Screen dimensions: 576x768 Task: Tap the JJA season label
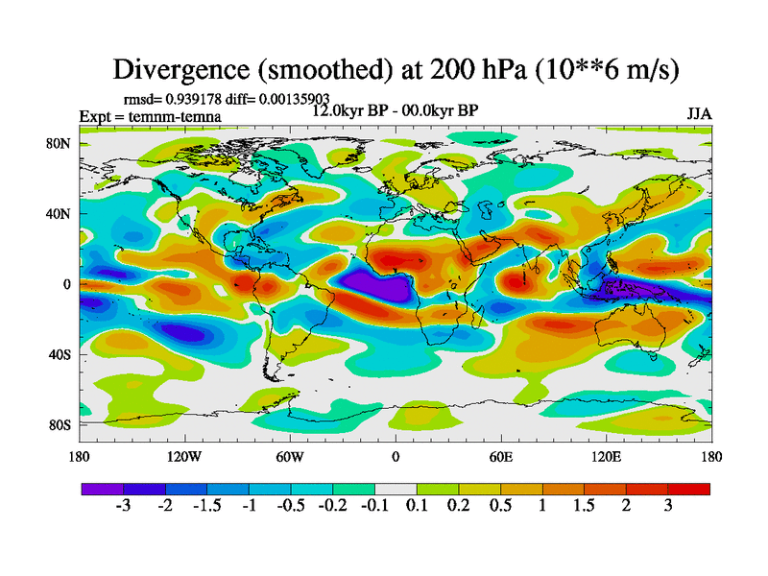click(699, 113)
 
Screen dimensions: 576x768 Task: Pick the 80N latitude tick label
click(60, 144)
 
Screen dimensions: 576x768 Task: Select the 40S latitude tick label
click(60, 353)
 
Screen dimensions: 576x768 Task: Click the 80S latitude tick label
click(60, 424)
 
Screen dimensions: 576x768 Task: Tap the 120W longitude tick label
click(184, 456)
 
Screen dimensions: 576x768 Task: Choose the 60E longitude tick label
click(501, 456)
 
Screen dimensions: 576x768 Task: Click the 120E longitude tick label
click(607, 456)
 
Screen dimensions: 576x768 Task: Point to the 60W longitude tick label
click(290, 456)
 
